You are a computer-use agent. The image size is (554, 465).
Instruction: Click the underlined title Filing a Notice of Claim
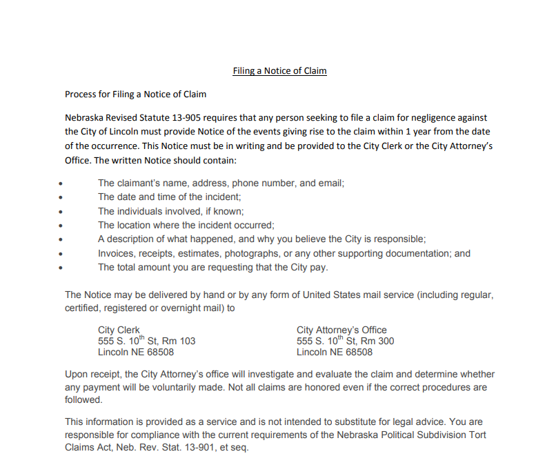(x=279, y=71)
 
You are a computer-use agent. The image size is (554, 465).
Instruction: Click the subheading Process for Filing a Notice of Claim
(x=135, y=94)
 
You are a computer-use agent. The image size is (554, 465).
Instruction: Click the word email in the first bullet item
(x=330, y=184)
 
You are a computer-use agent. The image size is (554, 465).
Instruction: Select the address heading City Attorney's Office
(x=342, y=330)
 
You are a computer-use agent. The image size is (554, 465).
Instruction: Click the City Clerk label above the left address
(x=119, y=330)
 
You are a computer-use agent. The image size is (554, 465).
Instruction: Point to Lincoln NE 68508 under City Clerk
(x=136, y=353)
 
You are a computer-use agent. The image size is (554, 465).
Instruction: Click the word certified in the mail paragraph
(x=83, y=308)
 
